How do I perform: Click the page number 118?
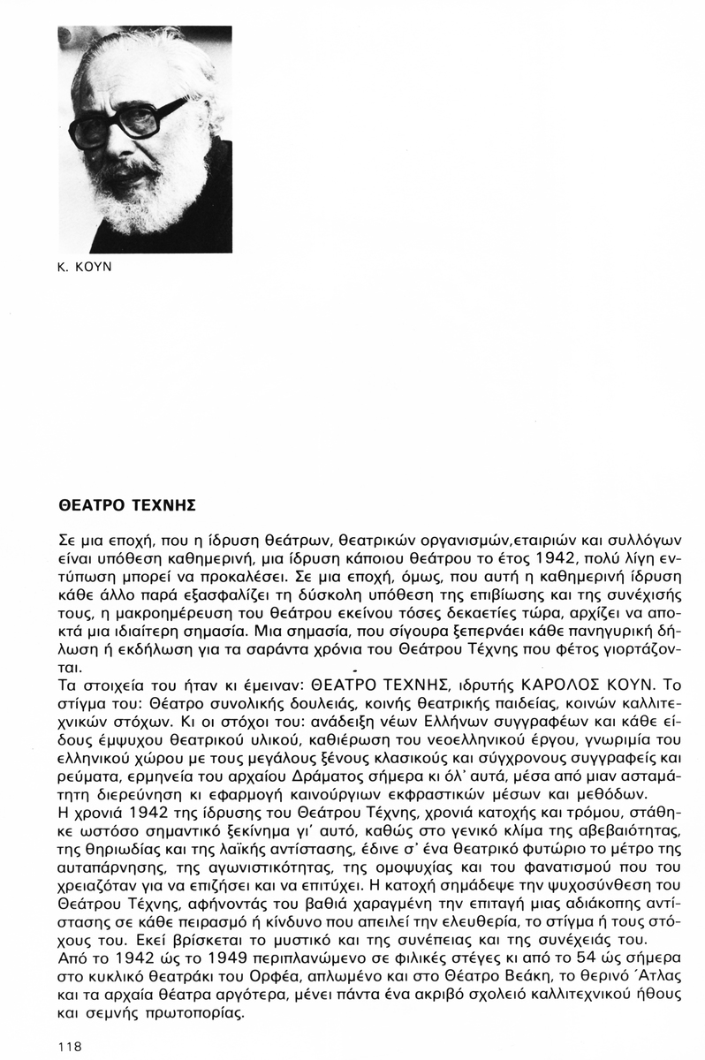[67, 1046]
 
